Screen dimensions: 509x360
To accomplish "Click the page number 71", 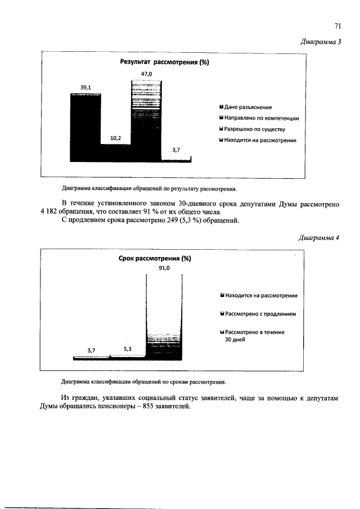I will pos(339,25).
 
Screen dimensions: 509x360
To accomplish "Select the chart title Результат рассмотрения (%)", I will pos(163,62).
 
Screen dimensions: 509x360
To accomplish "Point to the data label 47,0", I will pos(146,74).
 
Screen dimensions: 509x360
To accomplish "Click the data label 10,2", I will pos(115,138).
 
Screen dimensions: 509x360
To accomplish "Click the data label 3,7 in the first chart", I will pos(177,150).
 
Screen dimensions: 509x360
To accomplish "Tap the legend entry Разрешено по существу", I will pos(254,129).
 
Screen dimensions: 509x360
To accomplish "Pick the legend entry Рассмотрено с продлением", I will pos(260,313).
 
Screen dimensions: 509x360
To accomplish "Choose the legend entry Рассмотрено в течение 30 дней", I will pos(254,336).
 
